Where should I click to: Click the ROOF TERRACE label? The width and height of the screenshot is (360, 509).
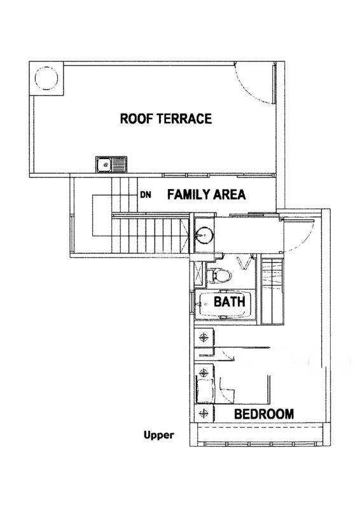click(166, 118)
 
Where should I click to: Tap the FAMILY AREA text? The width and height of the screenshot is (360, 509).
click(207, 195)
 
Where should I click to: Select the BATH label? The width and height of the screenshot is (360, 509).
click(230, 302)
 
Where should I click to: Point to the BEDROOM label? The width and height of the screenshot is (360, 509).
click(264, 414)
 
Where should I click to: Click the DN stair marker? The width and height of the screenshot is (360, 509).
click(146, 195)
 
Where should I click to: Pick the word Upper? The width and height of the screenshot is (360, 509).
click(159, 435)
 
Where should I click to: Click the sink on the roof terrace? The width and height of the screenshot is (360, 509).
click(111, 165)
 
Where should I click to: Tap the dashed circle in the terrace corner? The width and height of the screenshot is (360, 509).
click(46, 78)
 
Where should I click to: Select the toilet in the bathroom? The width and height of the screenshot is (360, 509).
click(219, 275)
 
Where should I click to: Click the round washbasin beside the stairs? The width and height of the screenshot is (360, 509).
click(205, 234)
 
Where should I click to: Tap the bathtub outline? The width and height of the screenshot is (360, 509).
click(225, 305)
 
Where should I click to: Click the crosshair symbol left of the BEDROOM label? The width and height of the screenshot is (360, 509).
click(204, 413)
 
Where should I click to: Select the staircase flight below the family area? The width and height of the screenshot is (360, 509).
click(150, 235)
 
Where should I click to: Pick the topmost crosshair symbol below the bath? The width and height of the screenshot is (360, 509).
click(204, 338)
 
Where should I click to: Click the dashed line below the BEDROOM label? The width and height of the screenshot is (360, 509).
click(260, 428)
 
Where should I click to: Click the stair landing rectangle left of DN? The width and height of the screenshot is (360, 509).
click(102, 215)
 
